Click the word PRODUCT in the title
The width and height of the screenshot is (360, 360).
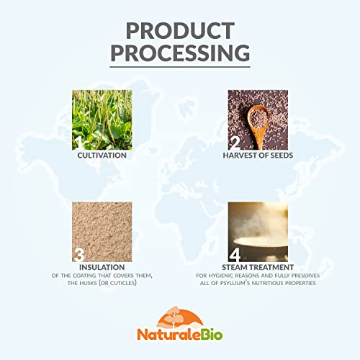click(x=180, y=31)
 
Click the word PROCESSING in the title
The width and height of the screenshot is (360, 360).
click(x=180, y=54)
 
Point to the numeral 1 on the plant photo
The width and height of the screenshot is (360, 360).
click(x=80, y=142)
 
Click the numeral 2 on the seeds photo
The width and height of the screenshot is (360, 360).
click(x=235, y=142)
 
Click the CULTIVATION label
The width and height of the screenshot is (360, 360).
click(x=102, y=155)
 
